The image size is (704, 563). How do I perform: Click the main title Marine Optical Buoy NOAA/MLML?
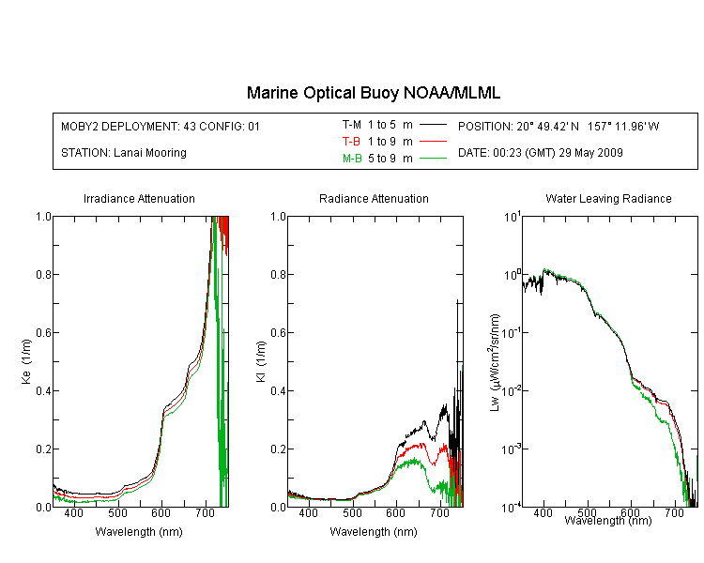pos(373,93)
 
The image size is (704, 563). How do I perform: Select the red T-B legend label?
pos(351,142)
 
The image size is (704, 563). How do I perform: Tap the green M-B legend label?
pos(352,159)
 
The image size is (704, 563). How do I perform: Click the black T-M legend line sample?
pos(433,125)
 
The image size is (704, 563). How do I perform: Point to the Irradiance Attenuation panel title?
pos(139,198)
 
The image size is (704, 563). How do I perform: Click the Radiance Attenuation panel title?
pos(374,198)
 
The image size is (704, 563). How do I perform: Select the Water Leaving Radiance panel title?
pos(608,198)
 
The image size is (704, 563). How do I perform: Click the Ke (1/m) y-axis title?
pos(26,361)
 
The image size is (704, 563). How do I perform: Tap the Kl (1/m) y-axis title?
pos(261,361)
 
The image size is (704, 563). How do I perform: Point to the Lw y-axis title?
pos(495,362)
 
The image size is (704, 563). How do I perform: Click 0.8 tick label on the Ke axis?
pos(43,274)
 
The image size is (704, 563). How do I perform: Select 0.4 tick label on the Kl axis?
pos(279,390)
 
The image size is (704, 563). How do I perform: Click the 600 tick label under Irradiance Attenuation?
pos(161,512)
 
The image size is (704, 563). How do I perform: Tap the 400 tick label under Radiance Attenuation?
pos(308,512)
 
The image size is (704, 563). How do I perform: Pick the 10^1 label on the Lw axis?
pos(513,217)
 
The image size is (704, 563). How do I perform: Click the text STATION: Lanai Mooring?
pos(124,153)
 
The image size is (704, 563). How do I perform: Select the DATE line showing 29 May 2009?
pos(540,153)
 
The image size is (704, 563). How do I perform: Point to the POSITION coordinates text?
pos(559,126)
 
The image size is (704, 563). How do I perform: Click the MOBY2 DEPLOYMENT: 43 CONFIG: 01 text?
pos(161,126)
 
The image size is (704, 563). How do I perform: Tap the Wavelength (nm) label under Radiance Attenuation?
pos(374,532)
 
